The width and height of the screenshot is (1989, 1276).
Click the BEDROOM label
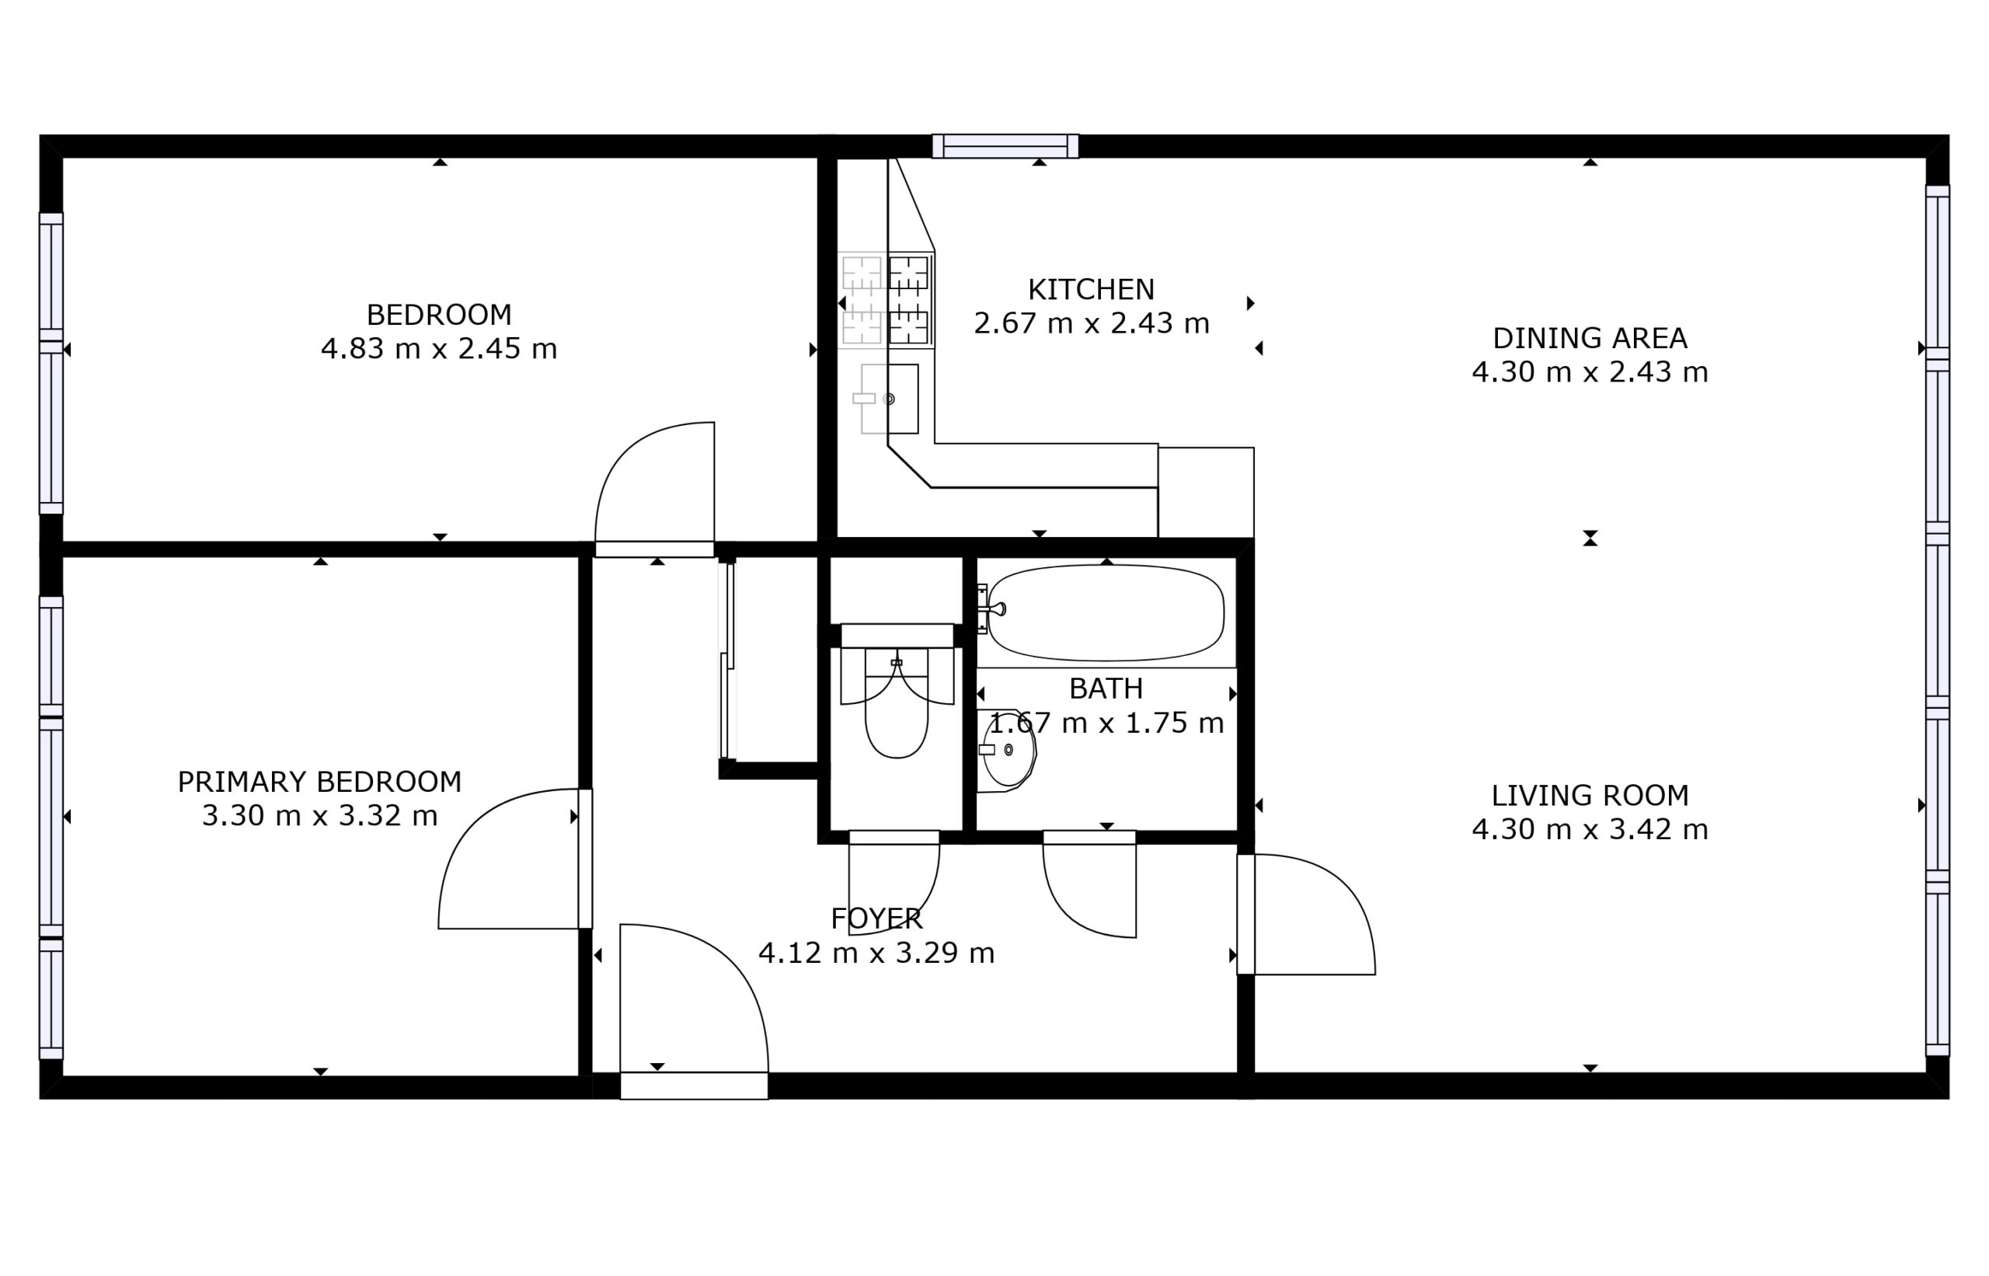439,315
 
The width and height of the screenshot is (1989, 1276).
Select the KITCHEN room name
1091,289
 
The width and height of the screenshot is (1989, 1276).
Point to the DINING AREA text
1590,338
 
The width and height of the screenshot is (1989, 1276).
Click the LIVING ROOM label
1590,796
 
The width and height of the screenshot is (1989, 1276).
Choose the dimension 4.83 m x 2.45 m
439,349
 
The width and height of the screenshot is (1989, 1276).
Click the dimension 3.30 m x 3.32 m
320,816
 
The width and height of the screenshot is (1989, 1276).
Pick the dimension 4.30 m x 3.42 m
1590,829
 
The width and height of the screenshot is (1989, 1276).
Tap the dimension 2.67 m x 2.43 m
1091,323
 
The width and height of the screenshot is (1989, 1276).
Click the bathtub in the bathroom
1106,613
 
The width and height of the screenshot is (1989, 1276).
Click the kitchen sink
890,399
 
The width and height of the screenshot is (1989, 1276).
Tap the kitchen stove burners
887,300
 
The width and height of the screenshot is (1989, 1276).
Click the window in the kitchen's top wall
1005,146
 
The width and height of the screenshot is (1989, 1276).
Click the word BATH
1106,689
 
